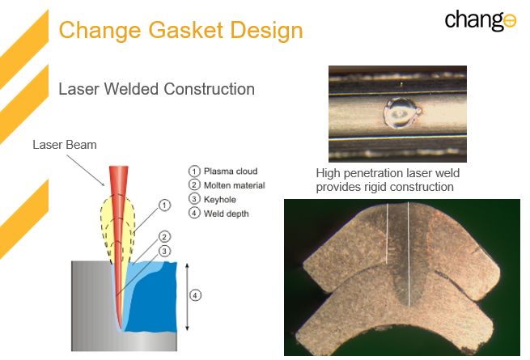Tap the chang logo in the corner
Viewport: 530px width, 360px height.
point(481,21)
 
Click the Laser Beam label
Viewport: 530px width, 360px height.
point(65,145)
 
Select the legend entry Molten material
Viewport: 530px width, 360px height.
point(227,185)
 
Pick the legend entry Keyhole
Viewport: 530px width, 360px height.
point(212,199)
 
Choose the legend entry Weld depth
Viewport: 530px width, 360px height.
point(218,214)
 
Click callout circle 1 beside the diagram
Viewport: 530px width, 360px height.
point(164,205)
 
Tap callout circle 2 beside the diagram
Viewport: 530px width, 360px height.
point(164,236)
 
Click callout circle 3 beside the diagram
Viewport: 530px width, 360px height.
point(164,251)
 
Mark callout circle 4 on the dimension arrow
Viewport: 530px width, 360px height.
point(195,295)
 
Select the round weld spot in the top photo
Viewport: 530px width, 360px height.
point(401,113)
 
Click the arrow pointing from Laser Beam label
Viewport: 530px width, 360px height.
point(86,171)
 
